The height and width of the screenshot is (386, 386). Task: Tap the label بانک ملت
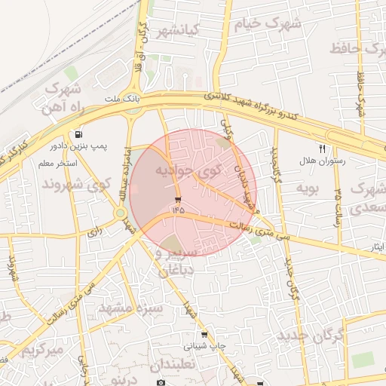point(121,99)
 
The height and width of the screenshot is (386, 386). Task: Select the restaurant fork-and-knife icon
point(323,149)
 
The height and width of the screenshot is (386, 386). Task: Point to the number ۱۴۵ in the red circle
point(178,210)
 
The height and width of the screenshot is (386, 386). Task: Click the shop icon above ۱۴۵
point(178,200)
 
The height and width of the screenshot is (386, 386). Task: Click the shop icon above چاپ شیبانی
point(204,335)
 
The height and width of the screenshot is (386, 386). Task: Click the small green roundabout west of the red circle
point(121,213)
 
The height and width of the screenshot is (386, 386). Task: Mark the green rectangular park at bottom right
point(363,360)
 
